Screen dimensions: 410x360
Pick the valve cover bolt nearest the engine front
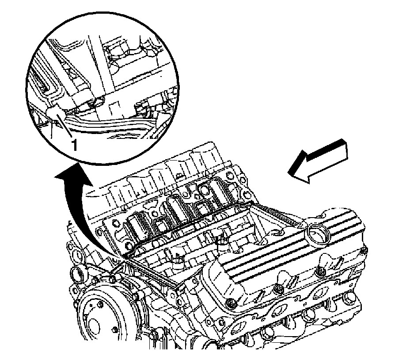pyautogui.click(x=230, y=304)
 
